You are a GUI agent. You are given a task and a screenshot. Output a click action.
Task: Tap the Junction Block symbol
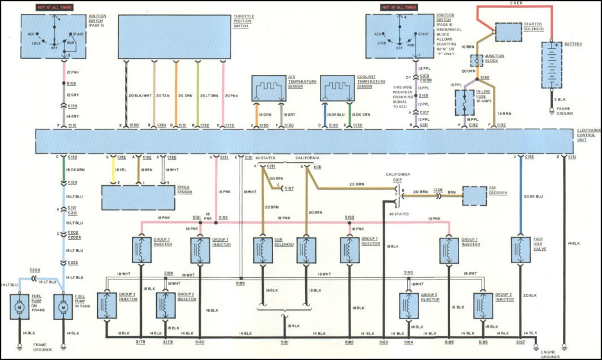[x=477, y=60]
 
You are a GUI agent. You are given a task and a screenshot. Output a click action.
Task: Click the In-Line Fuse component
[x=464, y=103]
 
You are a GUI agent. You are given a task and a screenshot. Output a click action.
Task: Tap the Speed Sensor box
[x=138, y=197]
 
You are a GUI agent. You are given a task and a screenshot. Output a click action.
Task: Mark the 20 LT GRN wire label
[x=208, y=96]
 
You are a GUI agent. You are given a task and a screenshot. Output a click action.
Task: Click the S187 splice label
[x=521, y=342]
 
